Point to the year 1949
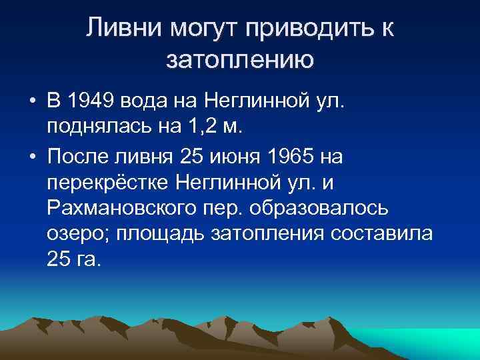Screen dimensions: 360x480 click(90, 102)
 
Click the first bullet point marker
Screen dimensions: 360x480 click(32, 103)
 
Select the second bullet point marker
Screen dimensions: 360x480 click(32, 157)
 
